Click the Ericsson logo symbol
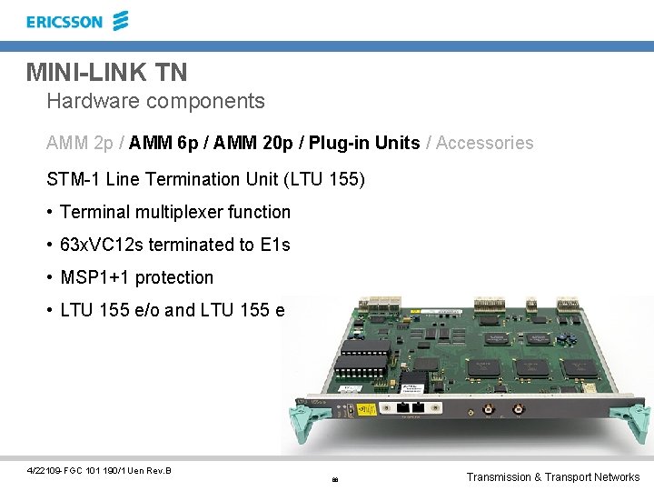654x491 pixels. (x=121, y=21)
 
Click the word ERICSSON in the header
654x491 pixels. (x=64, y=22)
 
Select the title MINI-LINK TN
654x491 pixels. (x=106, y=71)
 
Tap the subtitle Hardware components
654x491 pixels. (x=155, y=101)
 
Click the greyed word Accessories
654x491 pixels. (x=485, y=143)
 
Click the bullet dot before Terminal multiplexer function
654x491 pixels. (x=51, y=213)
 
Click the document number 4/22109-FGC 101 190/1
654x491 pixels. (x=77, y=470)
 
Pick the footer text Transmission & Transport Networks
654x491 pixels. (x=552, y=476)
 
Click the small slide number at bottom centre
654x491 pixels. (x=334, y=479)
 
